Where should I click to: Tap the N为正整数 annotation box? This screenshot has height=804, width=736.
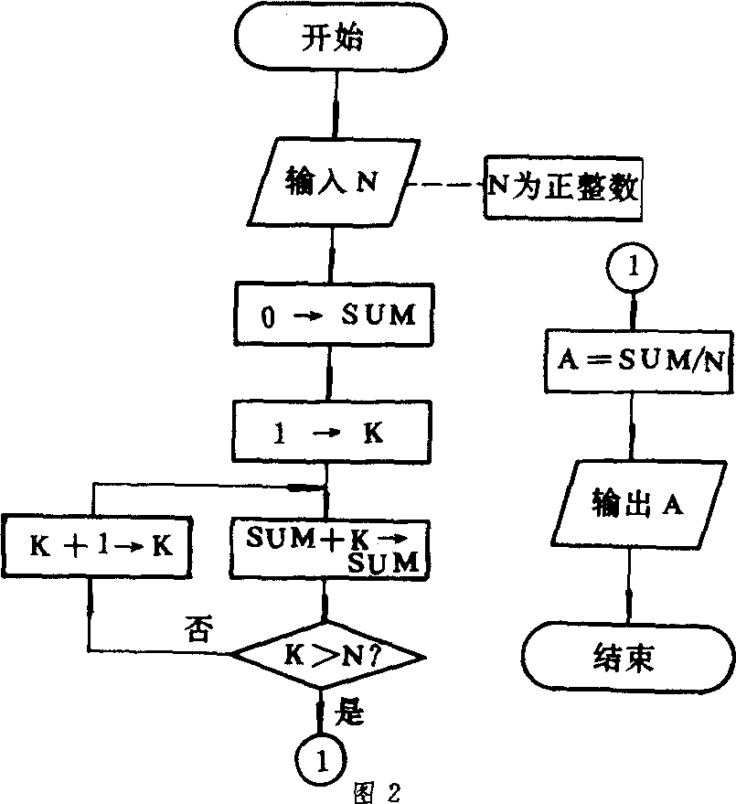[561, 190]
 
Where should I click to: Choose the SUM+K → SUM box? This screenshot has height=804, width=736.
[328, 547]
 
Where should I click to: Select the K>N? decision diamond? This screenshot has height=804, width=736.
[327, 655]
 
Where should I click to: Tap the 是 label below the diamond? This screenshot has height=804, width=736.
[350, 712]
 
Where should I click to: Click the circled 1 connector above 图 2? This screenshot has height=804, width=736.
[320, 756]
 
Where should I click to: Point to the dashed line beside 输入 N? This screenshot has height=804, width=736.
[443, 188]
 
